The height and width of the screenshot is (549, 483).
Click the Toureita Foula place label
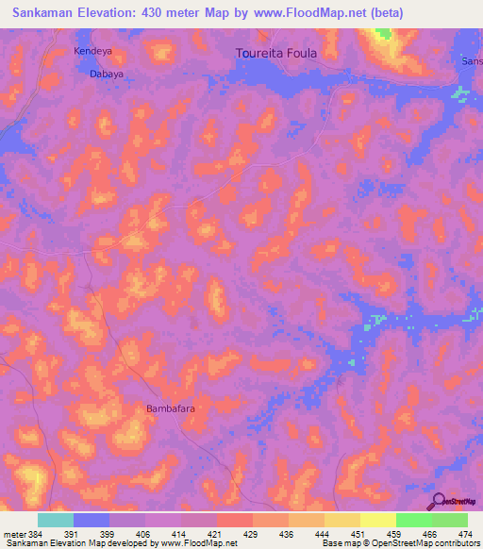coord(275,54)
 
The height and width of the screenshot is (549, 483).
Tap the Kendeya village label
coord(92,51)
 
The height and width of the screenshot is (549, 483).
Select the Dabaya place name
coord(107,73)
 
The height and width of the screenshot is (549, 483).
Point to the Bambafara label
coord(171,409)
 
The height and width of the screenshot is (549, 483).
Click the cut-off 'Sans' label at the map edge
coord(471,61)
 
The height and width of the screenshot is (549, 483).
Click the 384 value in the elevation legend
coord(34,533)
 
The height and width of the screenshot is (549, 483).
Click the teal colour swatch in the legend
coord(55,520)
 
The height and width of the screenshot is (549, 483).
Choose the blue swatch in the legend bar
coord(92,520)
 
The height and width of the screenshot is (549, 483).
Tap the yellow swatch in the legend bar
coord(377,520)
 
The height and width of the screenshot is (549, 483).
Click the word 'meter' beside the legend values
coord(12,533)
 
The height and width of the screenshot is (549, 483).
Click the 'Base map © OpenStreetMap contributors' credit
coord(400,543)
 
